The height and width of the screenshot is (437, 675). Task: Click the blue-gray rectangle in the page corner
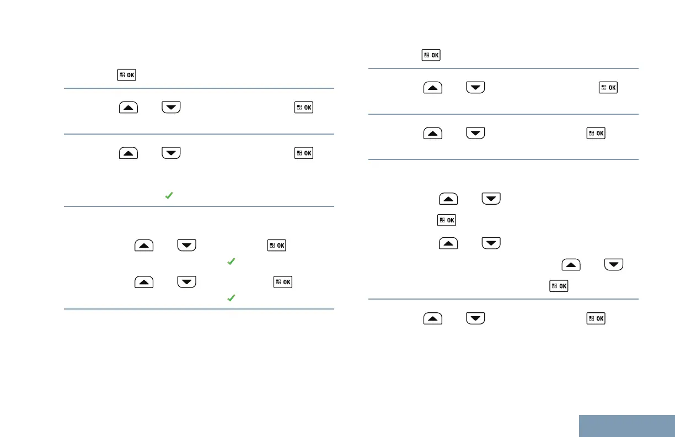pos(627,425)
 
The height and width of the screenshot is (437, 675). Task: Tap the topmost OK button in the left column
pos(126,75)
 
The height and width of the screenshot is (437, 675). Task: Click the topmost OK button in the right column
pos(431,55)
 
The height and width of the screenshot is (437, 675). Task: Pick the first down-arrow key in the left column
pos(171,107)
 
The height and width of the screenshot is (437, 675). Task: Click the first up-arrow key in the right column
pos(433,88)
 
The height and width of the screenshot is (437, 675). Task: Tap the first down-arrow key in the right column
pos(475,88)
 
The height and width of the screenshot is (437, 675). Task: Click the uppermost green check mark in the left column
pos(169,195)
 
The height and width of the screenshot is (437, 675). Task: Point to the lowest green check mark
pos(232,297)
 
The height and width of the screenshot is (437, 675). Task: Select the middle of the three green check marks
pos(232,262)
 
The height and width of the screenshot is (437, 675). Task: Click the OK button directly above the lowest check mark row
pos(283,283)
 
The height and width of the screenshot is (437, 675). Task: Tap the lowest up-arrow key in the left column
pos(144,283)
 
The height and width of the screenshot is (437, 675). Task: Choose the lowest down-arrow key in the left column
pos(187,283)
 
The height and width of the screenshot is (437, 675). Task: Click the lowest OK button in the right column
pos(596,318)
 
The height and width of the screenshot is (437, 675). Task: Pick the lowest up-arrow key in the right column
pos(433,318)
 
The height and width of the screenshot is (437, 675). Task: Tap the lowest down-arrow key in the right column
pos(475,318)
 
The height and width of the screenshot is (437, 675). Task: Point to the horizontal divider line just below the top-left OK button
pos(199,88)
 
